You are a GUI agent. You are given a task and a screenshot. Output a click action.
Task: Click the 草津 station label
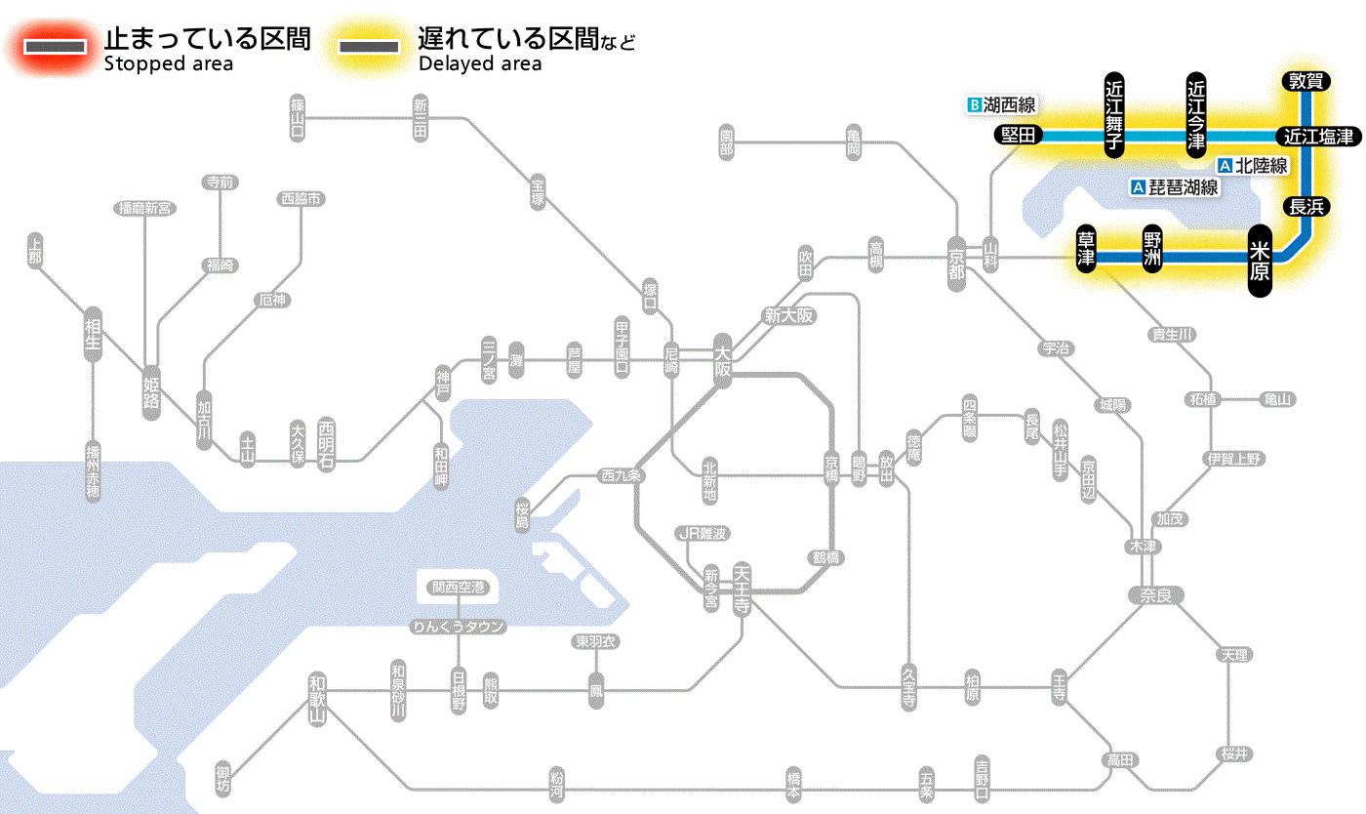pos(1087,250)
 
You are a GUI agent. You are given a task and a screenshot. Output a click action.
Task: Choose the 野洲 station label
pos(1152,250)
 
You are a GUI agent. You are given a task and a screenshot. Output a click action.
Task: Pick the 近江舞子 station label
pos(1114,113)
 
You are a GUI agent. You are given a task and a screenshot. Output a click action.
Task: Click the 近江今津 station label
pos(1196,113)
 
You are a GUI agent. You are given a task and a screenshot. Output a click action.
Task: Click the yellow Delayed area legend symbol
pos(368,47)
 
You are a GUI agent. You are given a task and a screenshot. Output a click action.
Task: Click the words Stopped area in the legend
pos(169,64)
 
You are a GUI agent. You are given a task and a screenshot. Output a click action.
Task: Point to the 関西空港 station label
pos(459,588)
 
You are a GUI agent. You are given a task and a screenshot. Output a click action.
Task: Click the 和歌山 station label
pos(317,697)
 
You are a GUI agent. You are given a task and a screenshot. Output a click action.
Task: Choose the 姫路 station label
pos(151,392)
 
